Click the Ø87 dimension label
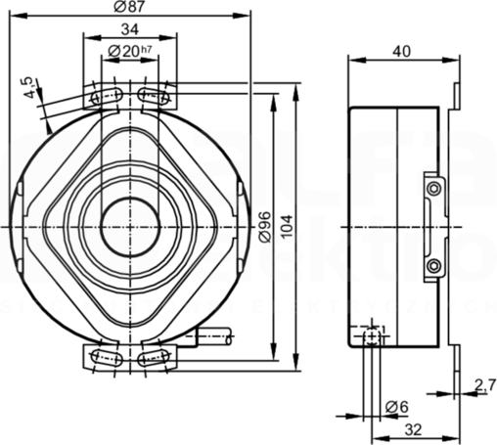pyautogui.click(x=129, y=7)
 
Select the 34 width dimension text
pyautogui.click(x=130, y=29)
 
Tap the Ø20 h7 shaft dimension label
pyautogui.click(x=130, y=51)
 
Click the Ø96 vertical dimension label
pyautogui.click(x=265, y=227)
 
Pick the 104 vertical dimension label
pyautogui.click(x=287, y=226)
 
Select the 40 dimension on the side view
pyautogui.click(x=402, y=51)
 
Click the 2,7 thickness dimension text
pyautogui.click(x=485, y=385)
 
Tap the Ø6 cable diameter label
pyautogui.click(x=396, y=407)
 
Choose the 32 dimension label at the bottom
pyautogui.click(x=414, y=429)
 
